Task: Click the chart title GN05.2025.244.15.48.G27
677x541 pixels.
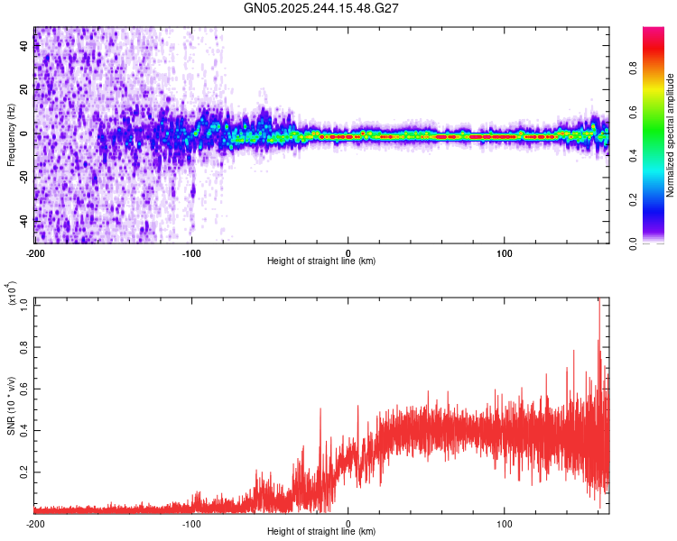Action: [x=322, y=8]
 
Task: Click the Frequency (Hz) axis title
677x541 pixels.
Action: [x=10, y=135]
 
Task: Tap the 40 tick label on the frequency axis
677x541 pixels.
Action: [x=25, y=48]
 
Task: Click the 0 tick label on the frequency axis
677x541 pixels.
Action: [x=25, y=134]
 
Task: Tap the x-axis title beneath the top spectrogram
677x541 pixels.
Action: [x=321, y=261]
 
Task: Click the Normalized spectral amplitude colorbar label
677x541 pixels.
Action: [x=671, y=135]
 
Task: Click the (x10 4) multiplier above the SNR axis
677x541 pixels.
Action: [x=11, y=294]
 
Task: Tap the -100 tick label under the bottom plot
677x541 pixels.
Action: [x=191, y=522]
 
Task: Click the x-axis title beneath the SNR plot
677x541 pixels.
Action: [x=321, y=532]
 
